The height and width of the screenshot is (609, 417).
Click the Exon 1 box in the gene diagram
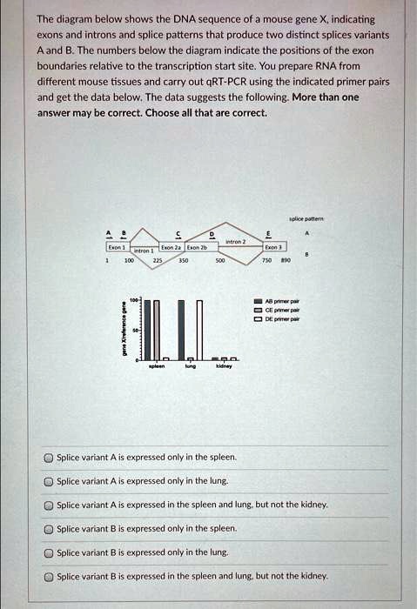pyautogui.click(x=114, y=248)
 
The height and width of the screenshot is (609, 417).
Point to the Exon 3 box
pyautogui.click(x=272, y=248)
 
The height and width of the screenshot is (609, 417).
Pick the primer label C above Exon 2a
pyautogui.click(x=178, y=234)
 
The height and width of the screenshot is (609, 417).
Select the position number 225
pyautogui.click(x=158, y=260)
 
